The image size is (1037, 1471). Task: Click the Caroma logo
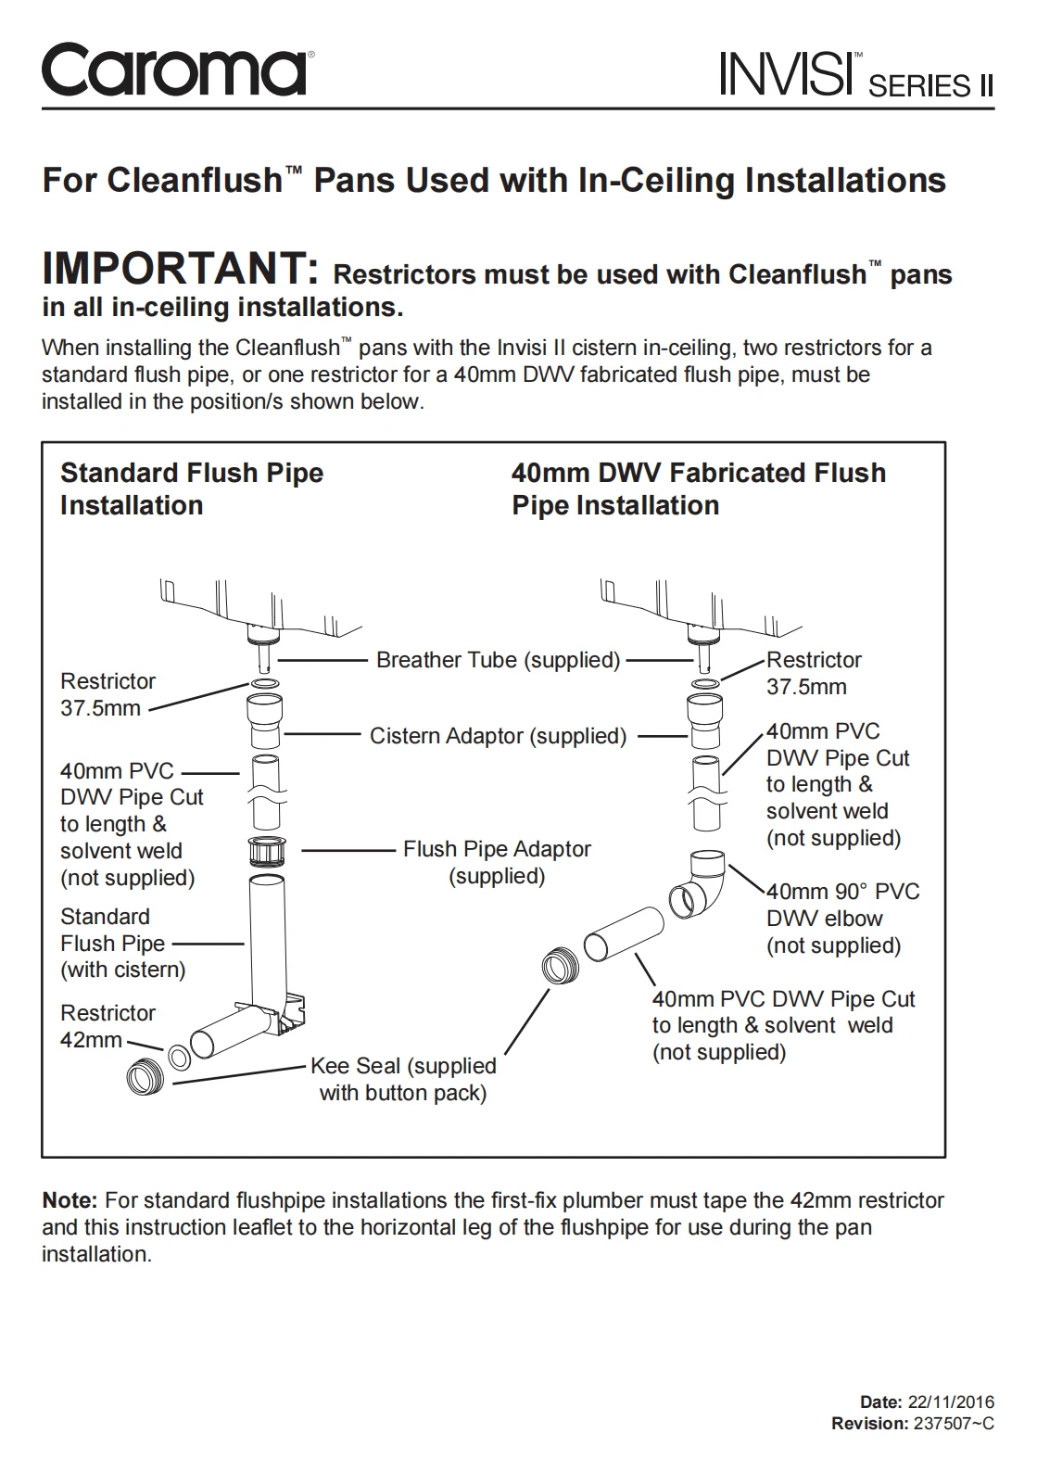[173, 70]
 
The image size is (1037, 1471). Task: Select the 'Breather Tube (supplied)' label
[498, 660]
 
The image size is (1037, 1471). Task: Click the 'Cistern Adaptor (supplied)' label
[498, 736]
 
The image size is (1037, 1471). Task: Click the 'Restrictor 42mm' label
[107, 1026]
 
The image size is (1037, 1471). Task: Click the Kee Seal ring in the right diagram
[560, 967]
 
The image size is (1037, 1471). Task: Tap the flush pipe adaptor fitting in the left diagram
[267, 851]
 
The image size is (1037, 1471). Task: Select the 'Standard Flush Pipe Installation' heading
[192, 488]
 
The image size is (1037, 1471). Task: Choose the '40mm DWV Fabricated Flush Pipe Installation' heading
[699, 488]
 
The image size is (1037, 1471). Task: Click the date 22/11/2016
[951, 1401]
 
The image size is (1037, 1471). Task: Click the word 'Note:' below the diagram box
[70, 1200]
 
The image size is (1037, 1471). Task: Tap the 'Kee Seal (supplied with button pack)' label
[403, 1079]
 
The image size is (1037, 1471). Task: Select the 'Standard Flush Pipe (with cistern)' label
[122, 943]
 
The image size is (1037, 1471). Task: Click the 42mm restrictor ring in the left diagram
[180, 1056]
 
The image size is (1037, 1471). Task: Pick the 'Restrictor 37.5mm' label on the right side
[813, 673]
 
